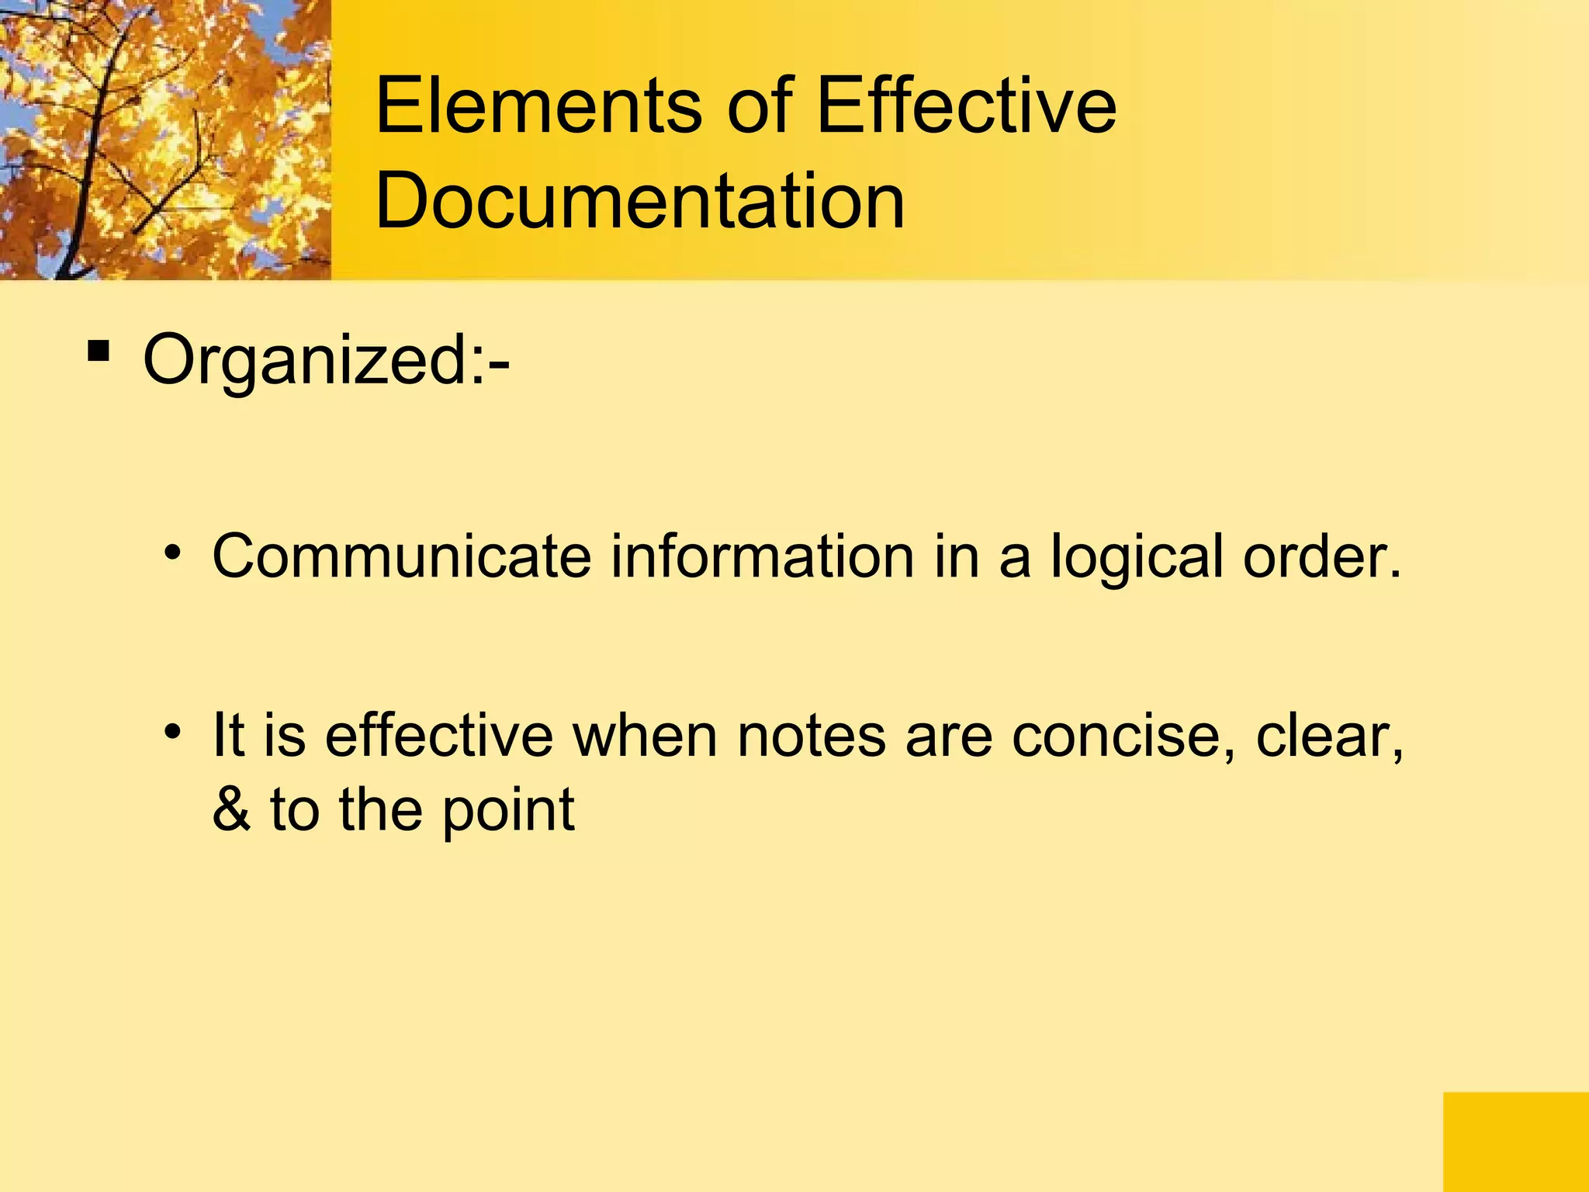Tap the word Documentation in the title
(x=639, y=202)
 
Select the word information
(x=762, y=556)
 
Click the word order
(x=1322, y=556)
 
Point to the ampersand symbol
(x=231, y=809)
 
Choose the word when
(x=645, y=736)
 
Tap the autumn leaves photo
(x=165, y=140)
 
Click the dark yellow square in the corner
(x=1515, y=1142)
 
